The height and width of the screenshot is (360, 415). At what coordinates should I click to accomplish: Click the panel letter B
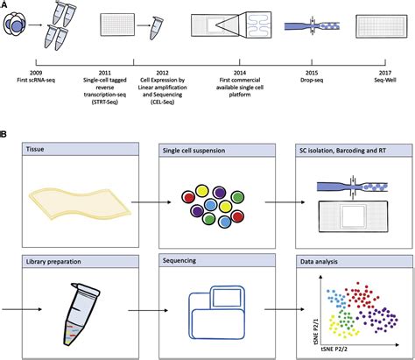click(5, 137)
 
